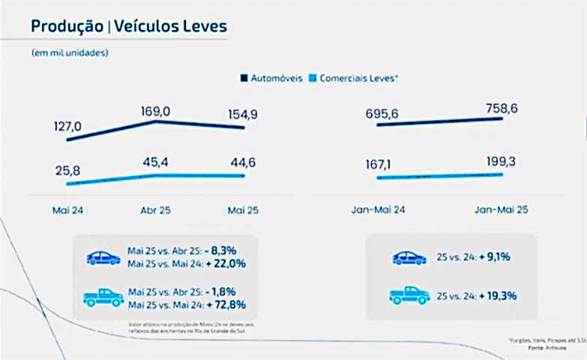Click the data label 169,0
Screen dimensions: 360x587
click(x=156, y=112)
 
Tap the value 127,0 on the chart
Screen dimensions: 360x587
click(x=68, y=126)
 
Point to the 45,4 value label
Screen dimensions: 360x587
click(x=156, y=162)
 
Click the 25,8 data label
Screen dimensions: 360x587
click(x=67, y=172)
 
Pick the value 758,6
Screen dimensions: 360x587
click(x=501, y=108)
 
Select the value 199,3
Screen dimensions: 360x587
click(x=501, y=161)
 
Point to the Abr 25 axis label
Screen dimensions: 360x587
click(x=155, y=210)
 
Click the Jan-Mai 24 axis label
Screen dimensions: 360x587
click(x=378, y=210)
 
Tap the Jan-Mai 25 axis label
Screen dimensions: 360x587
click(x=501, y=210)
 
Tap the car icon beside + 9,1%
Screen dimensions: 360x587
click(x=409, y=257)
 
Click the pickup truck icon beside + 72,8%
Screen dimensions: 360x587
click(x=103, y=297)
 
